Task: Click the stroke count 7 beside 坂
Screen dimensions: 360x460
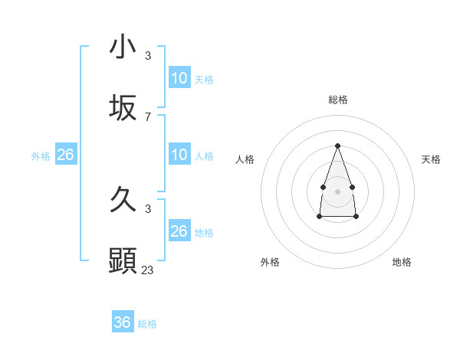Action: coord(148,116)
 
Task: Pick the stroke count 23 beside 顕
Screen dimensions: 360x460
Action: coord(148,270)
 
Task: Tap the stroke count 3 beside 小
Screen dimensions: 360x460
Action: coord(148,55)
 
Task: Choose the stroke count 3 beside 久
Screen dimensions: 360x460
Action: coord(148,208)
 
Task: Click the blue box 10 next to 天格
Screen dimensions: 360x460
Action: coord(179,78)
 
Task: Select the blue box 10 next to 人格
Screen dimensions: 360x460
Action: coord(179,155)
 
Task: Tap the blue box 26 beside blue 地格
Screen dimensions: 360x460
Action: coord(179,231)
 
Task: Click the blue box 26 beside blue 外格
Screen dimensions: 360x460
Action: coord(66,155)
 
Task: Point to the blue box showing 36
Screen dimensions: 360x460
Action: coord(123,322)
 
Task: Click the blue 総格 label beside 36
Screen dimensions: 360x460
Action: coord(147,324)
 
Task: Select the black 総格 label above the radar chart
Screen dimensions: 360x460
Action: coord(337,100)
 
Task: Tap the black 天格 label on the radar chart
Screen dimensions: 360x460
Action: coord(431,159)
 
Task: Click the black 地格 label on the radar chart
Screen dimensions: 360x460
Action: coord(402,262)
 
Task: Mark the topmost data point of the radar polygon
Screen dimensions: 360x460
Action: coord(337,146)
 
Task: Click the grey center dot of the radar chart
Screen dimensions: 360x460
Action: coord(337,190)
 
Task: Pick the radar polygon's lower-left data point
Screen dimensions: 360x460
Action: coord(319,217)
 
